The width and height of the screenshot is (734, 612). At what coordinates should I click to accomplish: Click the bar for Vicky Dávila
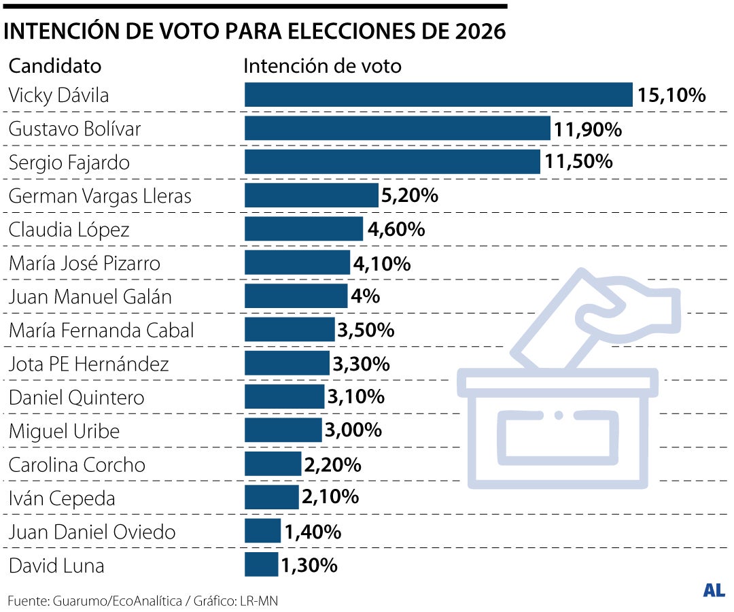(438, 95)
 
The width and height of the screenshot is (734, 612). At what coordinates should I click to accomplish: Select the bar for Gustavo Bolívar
(397, 129)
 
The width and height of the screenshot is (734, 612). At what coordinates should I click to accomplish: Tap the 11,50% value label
(578, 163)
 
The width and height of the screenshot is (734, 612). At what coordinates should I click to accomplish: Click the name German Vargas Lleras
(100, 196)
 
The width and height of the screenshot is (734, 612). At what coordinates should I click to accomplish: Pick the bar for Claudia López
(303, 229)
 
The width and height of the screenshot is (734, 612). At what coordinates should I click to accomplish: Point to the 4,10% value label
(382, 263)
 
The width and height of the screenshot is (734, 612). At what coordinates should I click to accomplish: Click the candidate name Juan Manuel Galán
(90, 296)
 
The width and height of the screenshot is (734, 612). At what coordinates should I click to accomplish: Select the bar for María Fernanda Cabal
(290, 330)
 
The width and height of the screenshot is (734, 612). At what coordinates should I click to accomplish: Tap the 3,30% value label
(361, 364)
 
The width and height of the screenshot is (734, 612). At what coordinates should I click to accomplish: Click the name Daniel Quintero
(76, 397)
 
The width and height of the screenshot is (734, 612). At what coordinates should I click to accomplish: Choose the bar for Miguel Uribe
(283, 430)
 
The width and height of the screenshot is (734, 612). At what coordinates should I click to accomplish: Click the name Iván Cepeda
(62, 498)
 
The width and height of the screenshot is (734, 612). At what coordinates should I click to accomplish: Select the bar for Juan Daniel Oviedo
(262, 531)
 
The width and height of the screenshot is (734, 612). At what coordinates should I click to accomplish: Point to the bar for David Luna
(261, 564)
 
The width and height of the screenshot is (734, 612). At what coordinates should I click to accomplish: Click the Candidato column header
(54, 66)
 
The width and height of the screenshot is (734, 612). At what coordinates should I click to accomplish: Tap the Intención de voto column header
(322, 66)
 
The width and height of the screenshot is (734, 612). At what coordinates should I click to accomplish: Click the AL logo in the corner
(714, 590)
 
